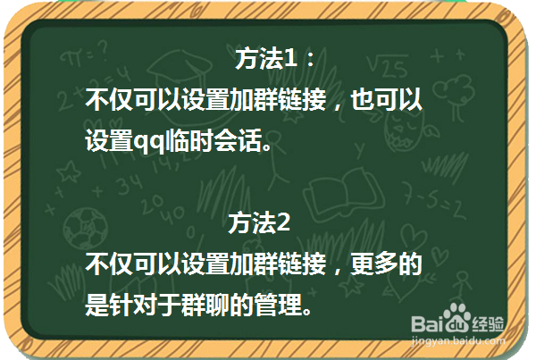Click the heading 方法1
pyautogui.click(x=265, y=61)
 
